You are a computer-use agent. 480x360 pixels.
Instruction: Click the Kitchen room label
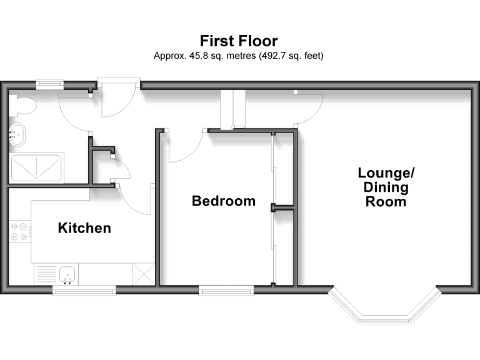84,228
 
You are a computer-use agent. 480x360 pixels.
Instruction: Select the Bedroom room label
223,201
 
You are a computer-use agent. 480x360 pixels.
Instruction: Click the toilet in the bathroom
22,106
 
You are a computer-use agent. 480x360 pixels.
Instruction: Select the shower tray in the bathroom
37,167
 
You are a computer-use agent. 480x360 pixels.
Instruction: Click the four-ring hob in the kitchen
19,232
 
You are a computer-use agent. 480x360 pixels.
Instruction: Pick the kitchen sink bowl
68,274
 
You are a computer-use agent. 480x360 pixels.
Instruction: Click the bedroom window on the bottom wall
226,289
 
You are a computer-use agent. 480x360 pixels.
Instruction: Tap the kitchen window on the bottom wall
84,289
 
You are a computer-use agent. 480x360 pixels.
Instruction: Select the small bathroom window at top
49,81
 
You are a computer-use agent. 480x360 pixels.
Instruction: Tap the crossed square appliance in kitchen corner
144,274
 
